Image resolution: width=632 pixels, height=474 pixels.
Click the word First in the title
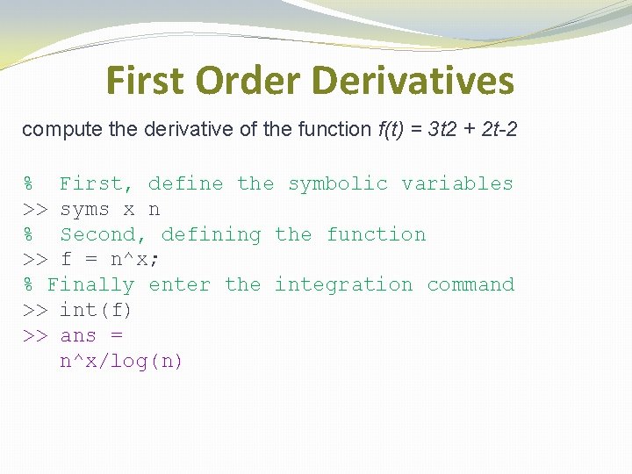coord(146,80)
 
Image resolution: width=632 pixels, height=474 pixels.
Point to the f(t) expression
coord(391,129)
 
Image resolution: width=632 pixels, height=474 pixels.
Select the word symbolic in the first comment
coord(338,184)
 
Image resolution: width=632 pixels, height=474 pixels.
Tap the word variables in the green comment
coord(457,183)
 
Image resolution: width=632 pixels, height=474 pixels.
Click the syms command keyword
coord(84,210)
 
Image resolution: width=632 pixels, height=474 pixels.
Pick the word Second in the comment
coord(103,234)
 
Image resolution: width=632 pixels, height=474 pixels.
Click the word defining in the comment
coord(212,235)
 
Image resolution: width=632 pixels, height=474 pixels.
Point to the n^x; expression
coord(134,259)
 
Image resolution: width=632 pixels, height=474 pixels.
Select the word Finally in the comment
coord(90,285)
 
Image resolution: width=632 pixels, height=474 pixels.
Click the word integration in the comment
coord(343,285)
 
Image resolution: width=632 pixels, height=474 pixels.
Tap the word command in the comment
coord(470,284)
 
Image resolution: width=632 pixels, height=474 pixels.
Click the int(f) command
coord(96,310)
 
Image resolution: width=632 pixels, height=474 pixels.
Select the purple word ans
coord(78,335)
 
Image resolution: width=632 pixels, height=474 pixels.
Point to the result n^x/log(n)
coord(121,361)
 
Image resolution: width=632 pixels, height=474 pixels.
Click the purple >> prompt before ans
coord(35,335)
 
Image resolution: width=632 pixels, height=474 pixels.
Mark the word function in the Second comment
coord(376,234)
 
